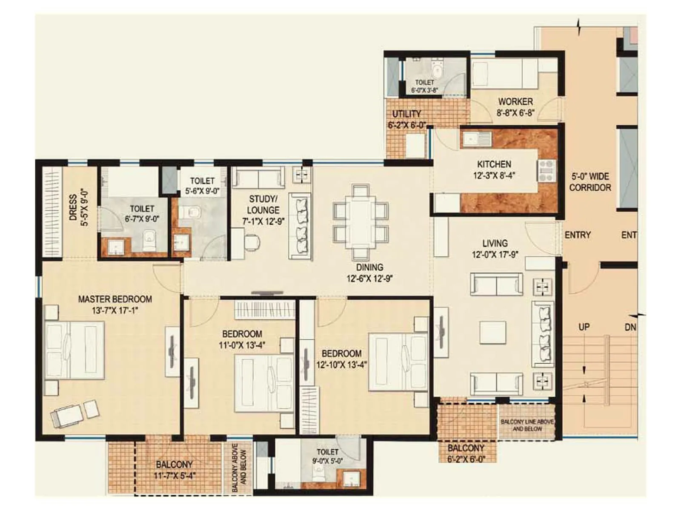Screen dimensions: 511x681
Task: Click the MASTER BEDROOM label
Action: [115, 299]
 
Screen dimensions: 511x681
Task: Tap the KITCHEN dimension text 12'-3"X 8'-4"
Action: [494, 175]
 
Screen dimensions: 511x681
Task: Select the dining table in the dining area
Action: [361, 222]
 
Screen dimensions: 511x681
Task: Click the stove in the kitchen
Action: [547, 170]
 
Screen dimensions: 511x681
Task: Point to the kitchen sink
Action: [476, 139]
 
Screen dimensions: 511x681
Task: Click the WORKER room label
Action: [515, 102]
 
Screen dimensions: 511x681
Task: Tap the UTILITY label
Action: [406, 114]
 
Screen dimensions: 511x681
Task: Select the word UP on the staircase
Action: [584, 327]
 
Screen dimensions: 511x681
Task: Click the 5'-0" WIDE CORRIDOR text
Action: [590, 182]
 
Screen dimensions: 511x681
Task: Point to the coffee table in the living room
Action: [493, 333]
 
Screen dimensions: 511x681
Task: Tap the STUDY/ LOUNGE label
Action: [263, 204]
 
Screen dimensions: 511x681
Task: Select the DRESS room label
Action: [73, 207]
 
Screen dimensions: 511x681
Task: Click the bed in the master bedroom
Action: [74, 350]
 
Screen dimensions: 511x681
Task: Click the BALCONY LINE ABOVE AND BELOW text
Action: [527, 425]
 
